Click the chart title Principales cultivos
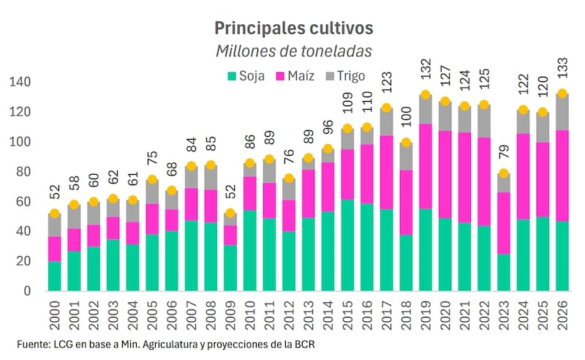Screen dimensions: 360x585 tap(293, 27)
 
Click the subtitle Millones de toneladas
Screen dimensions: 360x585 tap(293, 51)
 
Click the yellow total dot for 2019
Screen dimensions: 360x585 tap(426, 95)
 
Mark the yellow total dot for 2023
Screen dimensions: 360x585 tap(503, 174)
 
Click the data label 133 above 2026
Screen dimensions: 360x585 tap(562, 73)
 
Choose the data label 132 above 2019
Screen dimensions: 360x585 tap(426, 75)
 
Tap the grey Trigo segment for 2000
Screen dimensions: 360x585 tap(55, 225)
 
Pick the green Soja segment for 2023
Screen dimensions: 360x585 tap(503, 272)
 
